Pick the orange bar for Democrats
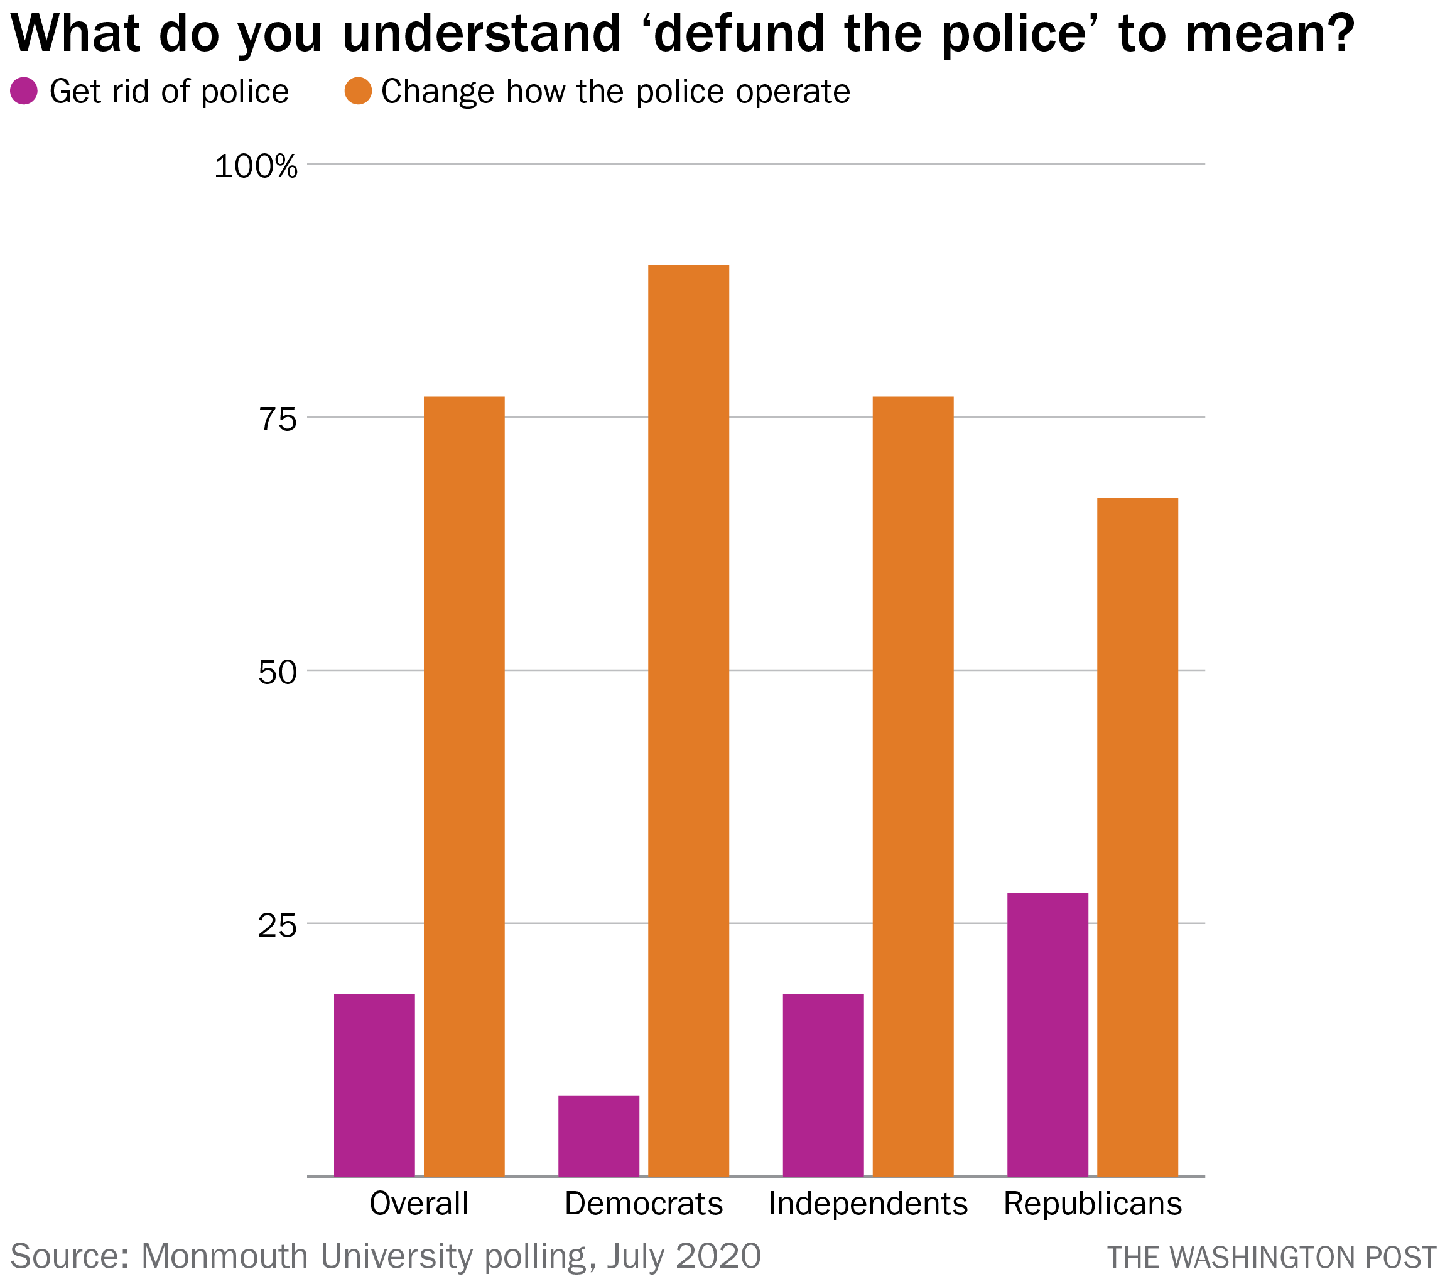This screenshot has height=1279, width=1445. point(688,721)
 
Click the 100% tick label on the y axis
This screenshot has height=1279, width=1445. point(256,167)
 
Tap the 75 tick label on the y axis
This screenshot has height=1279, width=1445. point(277,420)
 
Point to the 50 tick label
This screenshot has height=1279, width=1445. point(277,673)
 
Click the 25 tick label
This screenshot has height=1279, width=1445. point(277,925)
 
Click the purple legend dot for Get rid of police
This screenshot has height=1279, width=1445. point(24,91)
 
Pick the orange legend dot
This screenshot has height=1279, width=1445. point(359,91)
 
